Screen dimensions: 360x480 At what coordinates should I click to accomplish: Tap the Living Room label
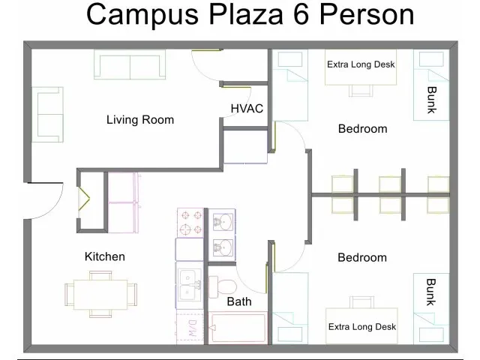tap(139, 120)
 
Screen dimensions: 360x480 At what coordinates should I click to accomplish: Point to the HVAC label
tap(246, 109)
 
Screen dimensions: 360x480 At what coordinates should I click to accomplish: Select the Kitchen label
tap(104, 256)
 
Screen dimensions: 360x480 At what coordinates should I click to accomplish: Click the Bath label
tap(239, 301)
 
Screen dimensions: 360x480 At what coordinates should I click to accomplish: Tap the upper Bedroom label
tap(362, 129)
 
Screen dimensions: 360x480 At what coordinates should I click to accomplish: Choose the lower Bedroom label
tap(361, 257)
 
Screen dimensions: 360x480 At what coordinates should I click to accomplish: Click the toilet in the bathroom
tap(223, 286)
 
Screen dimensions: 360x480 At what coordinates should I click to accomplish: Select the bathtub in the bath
tap(239, 328)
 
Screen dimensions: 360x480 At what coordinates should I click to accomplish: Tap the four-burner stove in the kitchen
tap(190, 223)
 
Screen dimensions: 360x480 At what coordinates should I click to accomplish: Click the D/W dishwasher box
tap(190, 327)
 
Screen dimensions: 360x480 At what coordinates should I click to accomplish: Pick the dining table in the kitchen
tap(100, 293)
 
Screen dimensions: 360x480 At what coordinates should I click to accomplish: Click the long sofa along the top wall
tap(129, 65)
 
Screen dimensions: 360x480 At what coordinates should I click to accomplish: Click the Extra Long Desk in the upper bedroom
tap(361, 64)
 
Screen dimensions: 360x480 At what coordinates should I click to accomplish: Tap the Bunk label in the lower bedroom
tap(431, 292)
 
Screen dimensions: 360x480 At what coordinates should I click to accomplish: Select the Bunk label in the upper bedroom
tap(431, 100)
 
